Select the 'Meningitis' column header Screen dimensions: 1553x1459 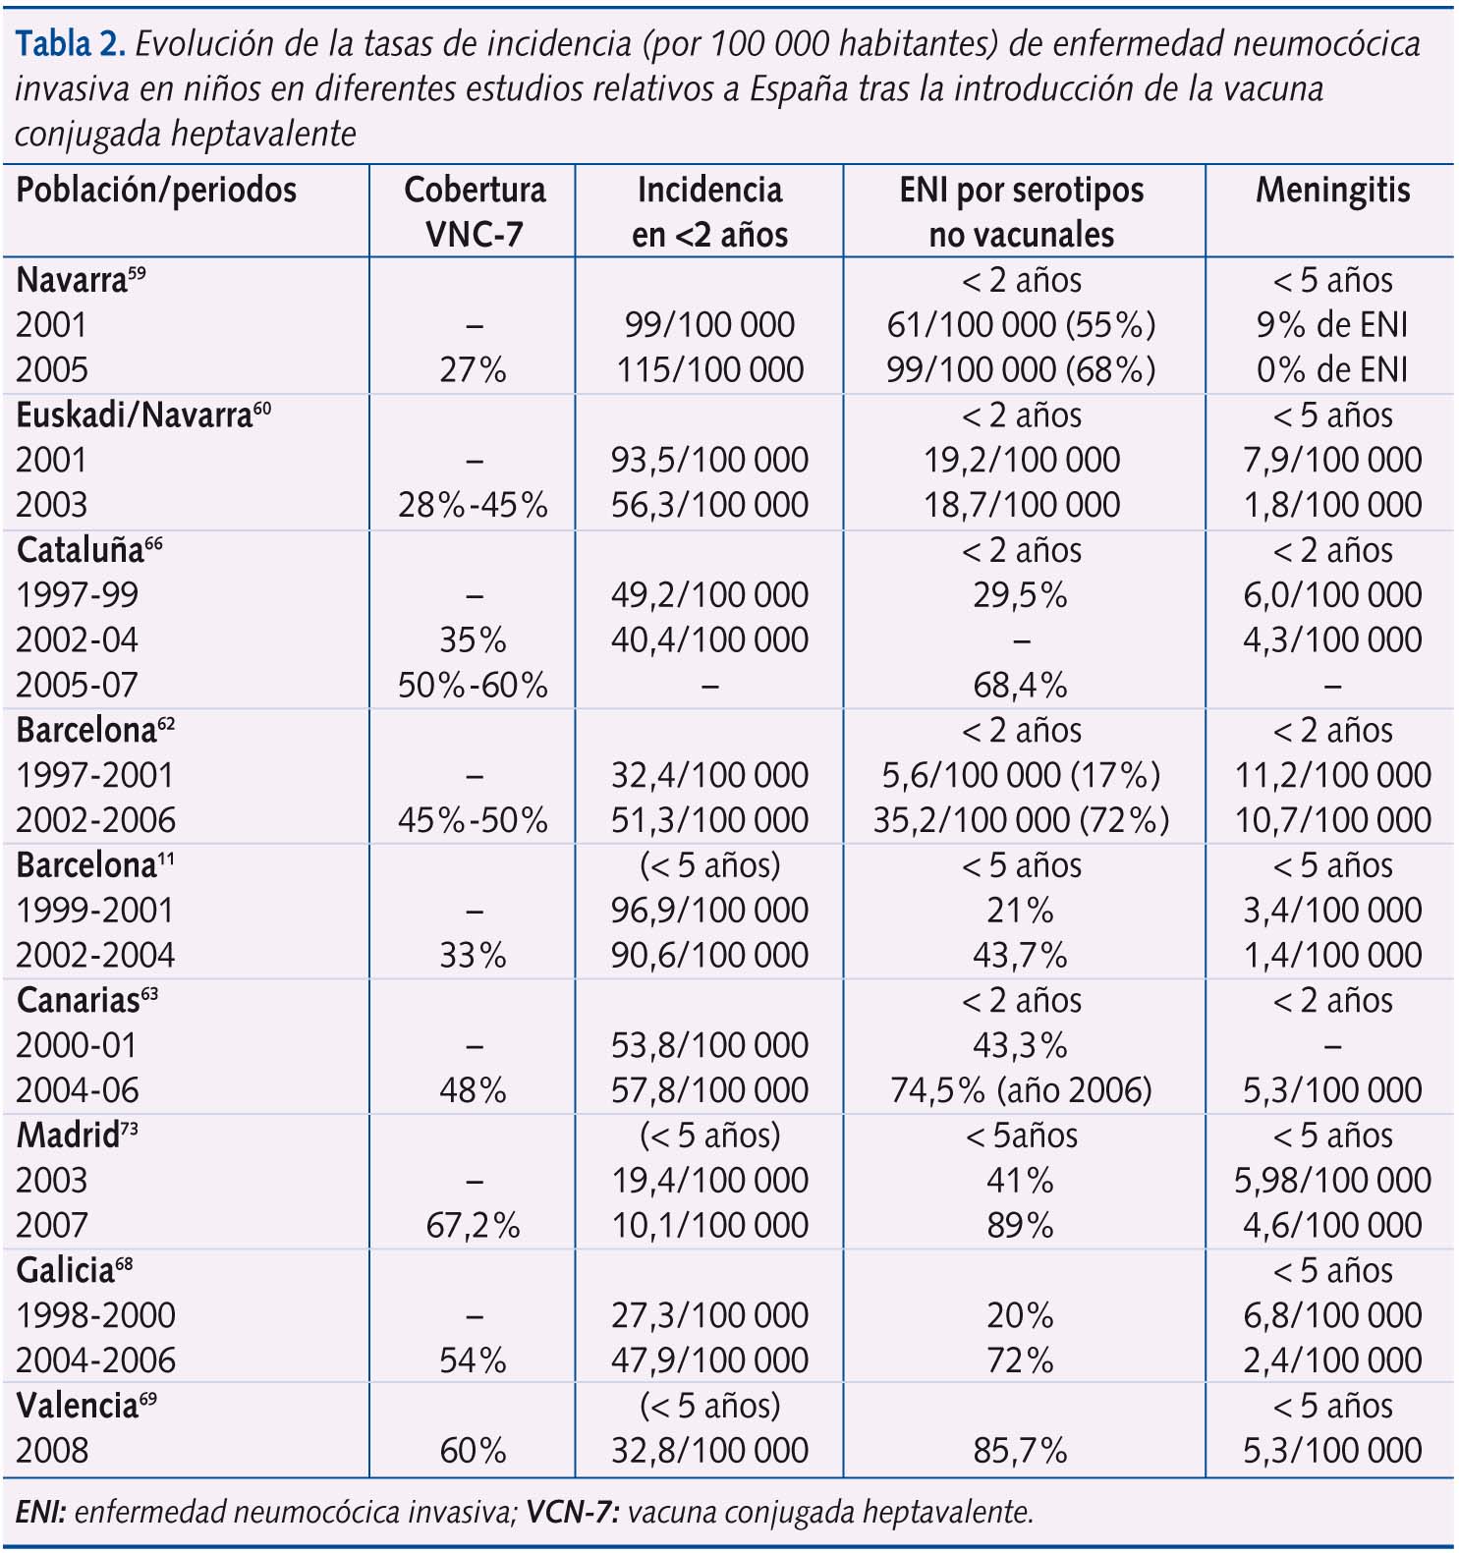click(1332, 191)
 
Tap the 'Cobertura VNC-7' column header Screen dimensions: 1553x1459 click(474, 211)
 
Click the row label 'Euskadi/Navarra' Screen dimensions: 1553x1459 click(134, 416)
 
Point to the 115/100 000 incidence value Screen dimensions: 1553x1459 click(709, 370)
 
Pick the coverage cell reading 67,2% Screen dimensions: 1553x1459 click(473, 1226)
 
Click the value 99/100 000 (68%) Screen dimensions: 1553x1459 click(1021, 370)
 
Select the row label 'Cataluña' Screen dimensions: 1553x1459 click(81, 550)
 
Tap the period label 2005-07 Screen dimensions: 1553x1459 click(77, 686)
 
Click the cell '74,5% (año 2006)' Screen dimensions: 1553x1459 click(1021, 1090)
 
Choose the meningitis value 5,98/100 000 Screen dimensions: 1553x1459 click(1332, 1181)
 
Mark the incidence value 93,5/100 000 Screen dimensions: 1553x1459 click(709, 461)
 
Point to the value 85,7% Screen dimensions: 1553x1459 click(1020, 1451)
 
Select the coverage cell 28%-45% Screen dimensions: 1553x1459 click(473, 506)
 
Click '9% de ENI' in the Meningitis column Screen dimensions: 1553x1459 click(1332, 325)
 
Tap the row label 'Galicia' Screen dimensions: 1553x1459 click(66, 1271)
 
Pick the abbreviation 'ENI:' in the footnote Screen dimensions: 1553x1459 click(40, 1512)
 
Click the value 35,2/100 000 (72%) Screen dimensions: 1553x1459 click(1021, 820)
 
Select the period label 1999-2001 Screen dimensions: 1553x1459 click(94, 911)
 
